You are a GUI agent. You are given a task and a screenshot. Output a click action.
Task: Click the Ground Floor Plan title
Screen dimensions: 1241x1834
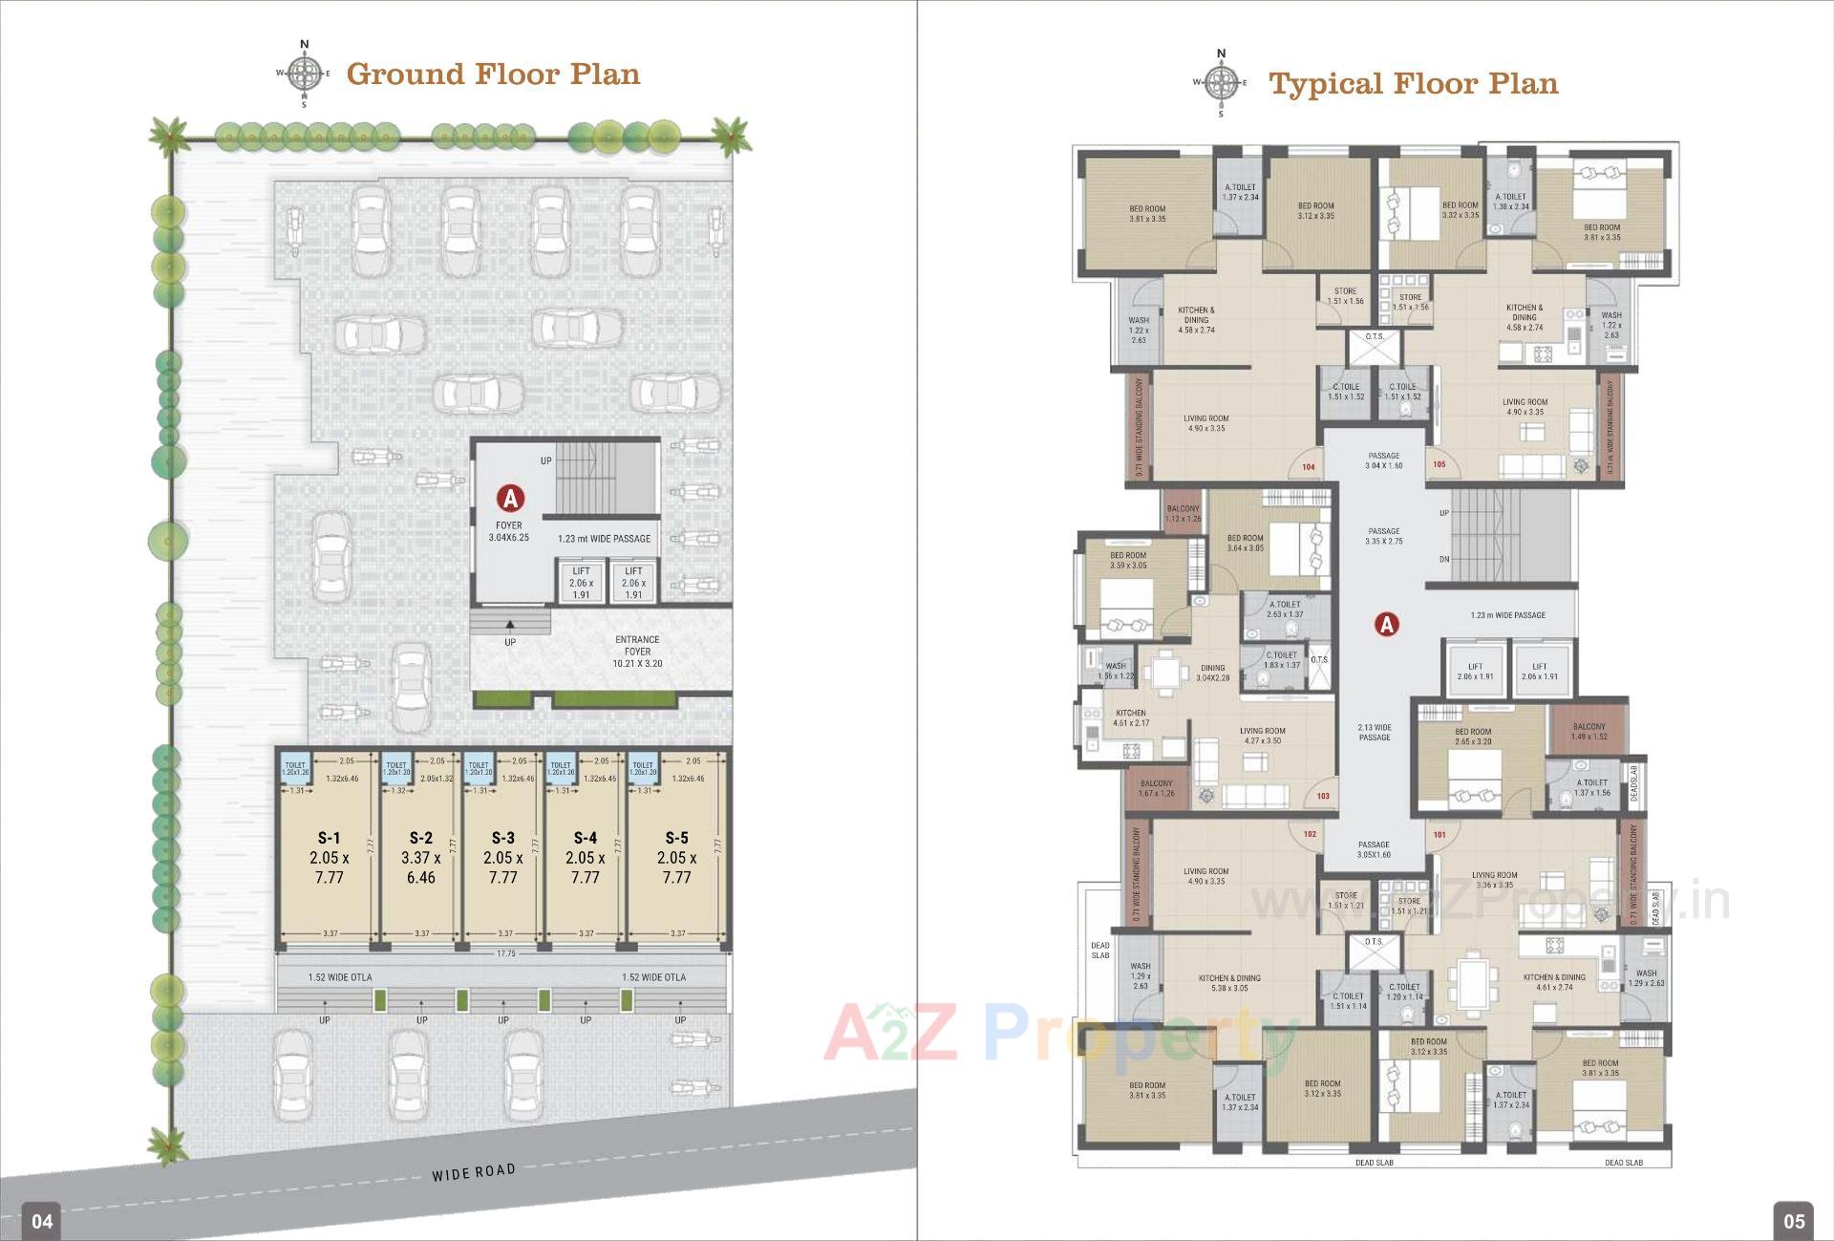coord(493,75)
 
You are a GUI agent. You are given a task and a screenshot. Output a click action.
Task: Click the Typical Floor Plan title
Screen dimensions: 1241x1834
coord(1413,84)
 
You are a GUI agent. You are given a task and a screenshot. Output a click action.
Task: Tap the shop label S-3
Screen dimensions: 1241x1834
coord(503,838)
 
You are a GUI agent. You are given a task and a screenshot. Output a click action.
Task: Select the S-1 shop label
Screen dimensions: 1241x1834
coord(330,838)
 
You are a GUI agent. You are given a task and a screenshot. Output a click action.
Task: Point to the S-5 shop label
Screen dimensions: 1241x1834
coord(676,838)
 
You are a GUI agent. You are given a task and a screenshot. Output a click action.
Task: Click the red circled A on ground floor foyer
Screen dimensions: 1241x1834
coord(510,499)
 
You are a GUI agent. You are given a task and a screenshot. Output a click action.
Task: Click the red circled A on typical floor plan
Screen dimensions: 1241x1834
coord(1386,625)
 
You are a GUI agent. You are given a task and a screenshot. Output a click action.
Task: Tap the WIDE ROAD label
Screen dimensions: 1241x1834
coord(473,1171)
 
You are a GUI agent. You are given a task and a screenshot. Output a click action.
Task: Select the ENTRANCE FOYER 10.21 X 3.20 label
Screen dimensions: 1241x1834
coord(637,652)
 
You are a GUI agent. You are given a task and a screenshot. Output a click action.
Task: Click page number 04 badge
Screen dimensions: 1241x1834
coord(42,1220)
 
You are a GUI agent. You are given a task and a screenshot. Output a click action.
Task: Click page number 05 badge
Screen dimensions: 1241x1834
coord(1794,1220)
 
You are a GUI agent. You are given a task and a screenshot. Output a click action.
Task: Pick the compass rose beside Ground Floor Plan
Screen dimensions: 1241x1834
coord(305,74)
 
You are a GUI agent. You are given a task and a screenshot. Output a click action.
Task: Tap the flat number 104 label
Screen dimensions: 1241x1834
coord(1309,467)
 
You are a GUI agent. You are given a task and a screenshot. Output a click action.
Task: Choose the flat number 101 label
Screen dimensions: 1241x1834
coord(1439,834)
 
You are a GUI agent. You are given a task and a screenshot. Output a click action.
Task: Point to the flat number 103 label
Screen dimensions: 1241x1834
coord(1323,796)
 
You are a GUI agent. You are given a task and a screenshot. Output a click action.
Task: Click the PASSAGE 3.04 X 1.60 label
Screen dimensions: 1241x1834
coord(1383,460)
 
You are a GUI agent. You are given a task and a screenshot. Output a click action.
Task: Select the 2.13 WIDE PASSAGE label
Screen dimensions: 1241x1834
coord(1375,732)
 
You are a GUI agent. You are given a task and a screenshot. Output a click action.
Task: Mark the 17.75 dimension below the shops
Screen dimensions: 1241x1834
coord(505,953)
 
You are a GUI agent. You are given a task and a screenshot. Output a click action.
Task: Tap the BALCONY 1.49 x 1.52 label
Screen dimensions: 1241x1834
coord(1589,731)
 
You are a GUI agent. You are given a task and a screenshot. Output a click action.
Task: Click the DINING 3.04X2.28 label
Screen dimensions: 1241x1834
coord(1212,674)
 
